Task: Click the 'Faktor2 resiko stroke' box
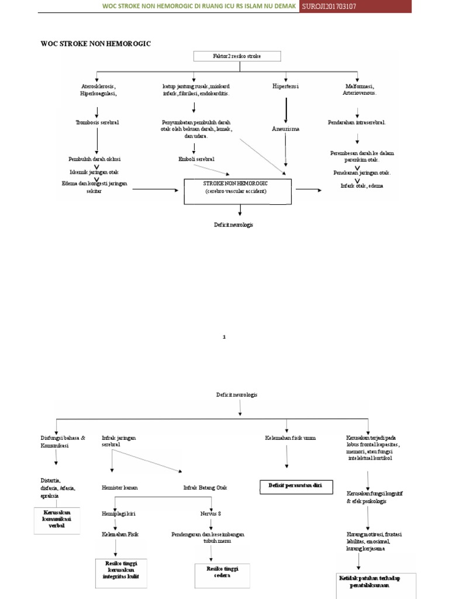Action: click(237, 56)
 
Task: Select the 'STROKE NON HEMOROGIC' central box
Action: click(238, 192)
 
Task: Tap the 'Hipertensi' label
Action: click(285, 87)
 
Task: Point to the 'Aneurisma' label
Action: click(285, 129)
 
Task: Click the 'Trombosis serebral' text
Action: click(97, 122)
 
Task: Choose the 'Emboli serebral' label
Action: click(196, 159)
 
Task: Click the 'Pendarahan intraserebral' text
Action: click(357, 122)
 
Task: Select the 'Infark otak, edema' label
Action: click(358, 185)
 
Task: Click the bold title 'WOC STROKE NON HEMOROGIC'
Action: click(96, 43)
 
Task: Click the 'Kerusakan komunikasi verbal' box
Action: click(57, 518)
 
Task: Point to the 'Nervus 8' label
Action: click(210, 514)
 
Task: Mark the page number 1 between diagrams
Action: click(224, 337)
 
